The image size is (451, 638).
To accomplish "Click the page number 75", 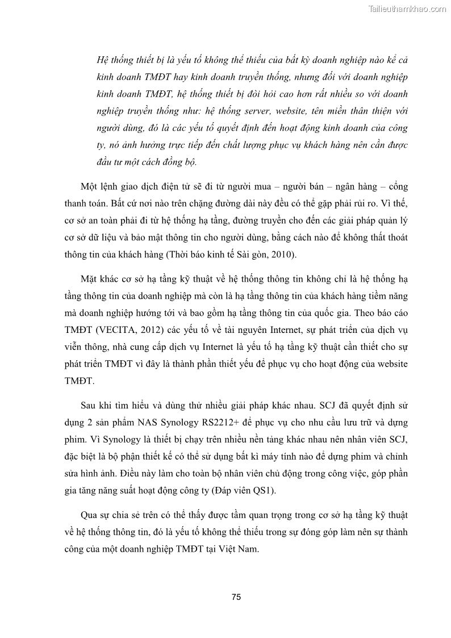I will click(x=237, y=597).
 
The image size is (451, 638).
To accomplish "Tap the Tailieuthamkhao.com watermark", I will click(x=407, y=9).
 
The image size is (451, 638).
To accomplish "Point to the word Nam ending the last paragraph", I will click(x=248, y=550).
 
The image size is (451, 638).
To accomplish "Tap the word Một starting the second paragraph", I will click(x=91, y=187).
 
